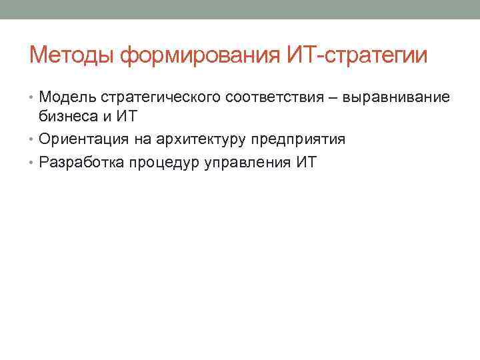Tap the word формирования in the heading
195,55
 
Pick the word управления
246,162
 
